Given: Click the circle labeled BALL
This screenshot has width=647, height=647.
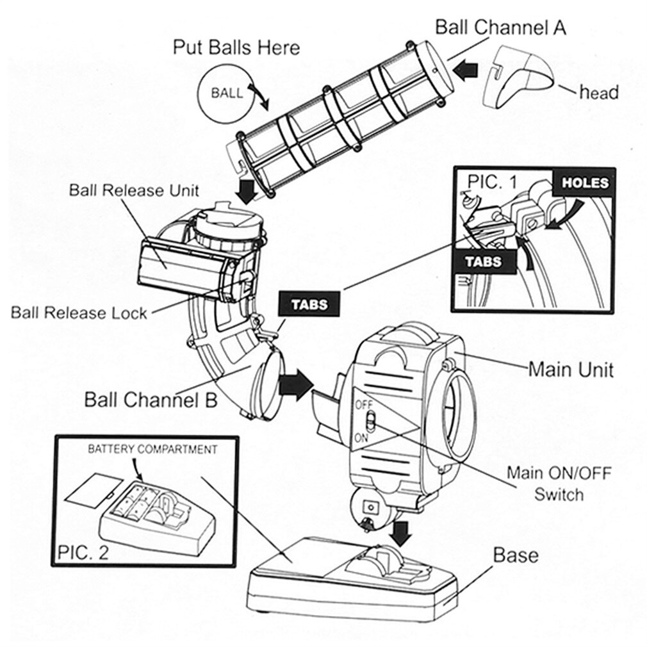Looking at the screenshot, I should pyautogui.click(x=227, y=93).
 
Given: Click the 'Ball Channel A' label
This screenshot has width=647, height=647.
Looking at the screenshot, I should pyautogui.click(x=500, y=28).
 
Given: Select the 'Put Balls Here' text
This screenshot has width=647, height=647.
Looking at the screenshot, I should pyautogui.click(x=236, y=47).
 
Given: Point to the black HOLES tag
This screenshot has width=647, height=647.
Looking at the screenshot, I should pyautogui.click(x=585, y=183).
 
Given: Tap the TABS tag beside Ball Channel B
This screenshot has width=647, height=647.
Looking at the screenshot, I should pyautogui.click(x=309, y=304).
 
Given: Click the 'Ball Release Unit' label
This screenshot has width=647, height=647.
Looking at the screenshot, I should pyautogui.click(x=134, y=190).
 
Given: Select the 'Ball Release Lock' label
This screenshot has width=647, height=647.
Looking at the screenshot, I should pyautogui.click(x=79, y=313).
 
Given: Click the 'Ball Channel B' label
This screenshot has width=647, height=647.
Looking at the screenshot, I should pyautogui.click(x=151, y=400).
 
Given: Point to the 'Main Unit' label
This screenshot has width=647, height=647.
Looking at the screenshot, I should pyautogui.click(x=570, y=370).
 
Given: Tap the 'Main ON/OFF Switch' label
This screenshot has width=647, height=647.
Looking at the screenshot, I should pyautogui.click(x=559, y=484).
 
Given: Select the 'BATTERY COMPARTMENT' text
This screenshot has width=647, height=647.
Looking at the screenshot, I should pyautogui.click(x=152, y=449).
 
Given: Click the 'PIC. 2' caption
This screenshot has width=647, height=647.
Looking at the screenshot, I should pyautogui.click(x=83, y=552).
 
